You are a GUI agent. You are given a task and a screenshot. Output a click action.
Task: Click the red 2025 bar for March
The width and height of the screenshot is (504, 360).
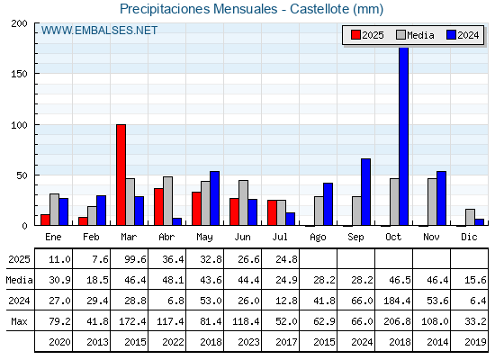pyautogui.click(x=121, y=175)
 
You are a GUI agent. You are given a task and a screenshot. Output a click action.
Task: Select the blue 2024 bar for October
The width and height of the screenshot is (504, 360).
pyautogui.click(x=404, y=136)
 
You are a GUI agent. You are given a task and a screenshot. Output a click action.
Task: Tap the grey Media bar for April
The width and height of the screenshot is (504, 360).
pyautogui.click(x=167, y=201)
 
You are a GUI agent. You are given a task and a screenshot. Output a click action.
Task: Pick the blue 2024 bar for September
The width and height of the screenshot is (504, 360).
pyautogui.click(x=365, y=192)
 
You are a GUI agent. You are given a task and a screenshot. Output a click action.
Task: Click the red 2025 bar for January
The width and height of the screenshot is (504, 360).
pyautogui.click(x=45, y=220)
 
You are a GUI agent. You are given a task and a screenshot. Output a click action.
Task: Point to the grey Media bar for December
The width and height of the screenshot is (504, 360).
pyautogui.click(x=470, y=217)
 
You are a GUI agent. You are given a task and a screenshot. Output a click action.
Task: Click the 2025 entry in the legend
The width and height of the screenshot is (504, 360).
pyautogui.click(x=367, y=35)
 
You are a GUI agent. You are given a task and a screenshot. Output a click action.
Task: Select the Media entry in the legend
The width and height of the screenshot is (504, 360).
pyautogui.click(x=415, y=35)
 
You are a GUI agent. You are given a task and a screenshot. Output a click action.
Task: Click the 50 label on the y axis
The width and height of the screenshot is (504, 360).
pyautogui.click(x=22, y=175)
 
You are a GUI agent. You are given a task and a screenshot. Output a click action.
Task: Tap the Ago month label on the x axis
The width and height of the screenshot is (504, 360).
pyautogui.click(x=319, y=238)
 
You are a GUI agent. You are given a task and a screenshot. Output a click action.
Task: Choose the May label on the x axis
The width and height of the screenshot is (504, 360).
pyautogui.click(x=205, y=238)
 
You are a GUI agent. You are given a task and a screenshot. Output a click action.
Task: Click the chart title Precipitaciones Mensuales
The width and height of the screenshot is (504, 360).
pyautogui.click(x=199, y=9)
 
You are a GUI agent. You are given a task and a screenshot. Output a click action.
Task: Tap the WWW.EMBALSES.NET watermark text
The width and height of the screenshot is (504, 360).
pyautogui.click(x=99, y=31)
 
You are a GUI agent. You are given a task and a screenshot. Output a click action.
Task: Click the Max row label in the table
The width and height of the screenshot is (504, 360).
pyautogui.click(x=19, y=321)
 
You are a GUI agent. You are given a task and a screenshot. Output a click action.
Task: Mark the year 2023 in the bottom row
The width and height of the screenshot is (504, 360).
pyautogui.click(x=248, y=342)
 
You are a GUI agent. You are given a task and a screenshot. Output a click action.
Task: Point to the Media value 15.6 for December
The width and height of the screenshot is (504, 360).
pyautogui.click(x=475, y=280)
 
